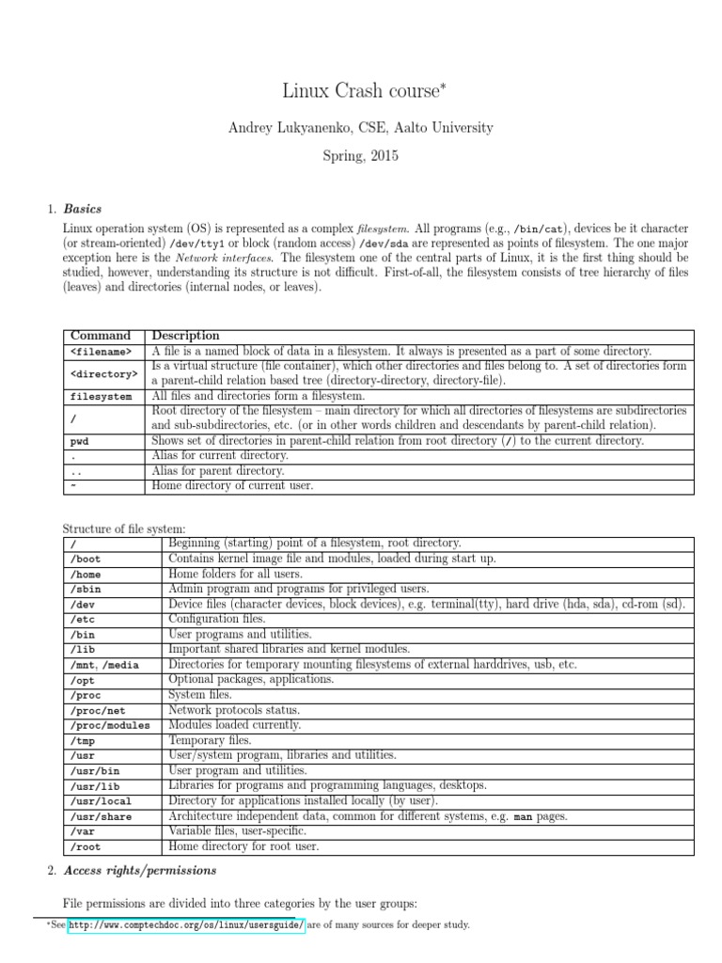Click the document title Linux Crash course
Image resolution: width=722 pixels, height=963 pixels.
(x=361, y=91)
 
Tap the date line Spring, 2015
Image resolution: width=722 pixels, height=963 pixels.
(x=361, y=156)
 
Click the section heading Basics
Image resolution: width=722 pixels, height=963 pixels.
(x=83, y=209)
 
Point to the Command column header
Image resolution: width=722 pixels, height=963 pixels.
(x=101, y=336)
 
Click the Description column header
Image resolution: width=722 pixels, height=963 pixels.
(x=185, y=336)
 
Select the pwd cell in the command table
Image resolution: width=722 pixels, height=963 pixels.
(x=80, y=441)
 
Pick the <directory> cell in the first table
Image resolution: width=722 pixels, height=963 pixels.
(x=103, y=373)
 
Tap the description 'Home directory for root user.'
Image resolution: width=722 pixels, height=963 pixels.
(x=243, y=846)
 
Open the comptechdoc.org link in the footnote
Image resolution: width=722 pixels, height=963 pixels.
(x=186, y=925)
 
